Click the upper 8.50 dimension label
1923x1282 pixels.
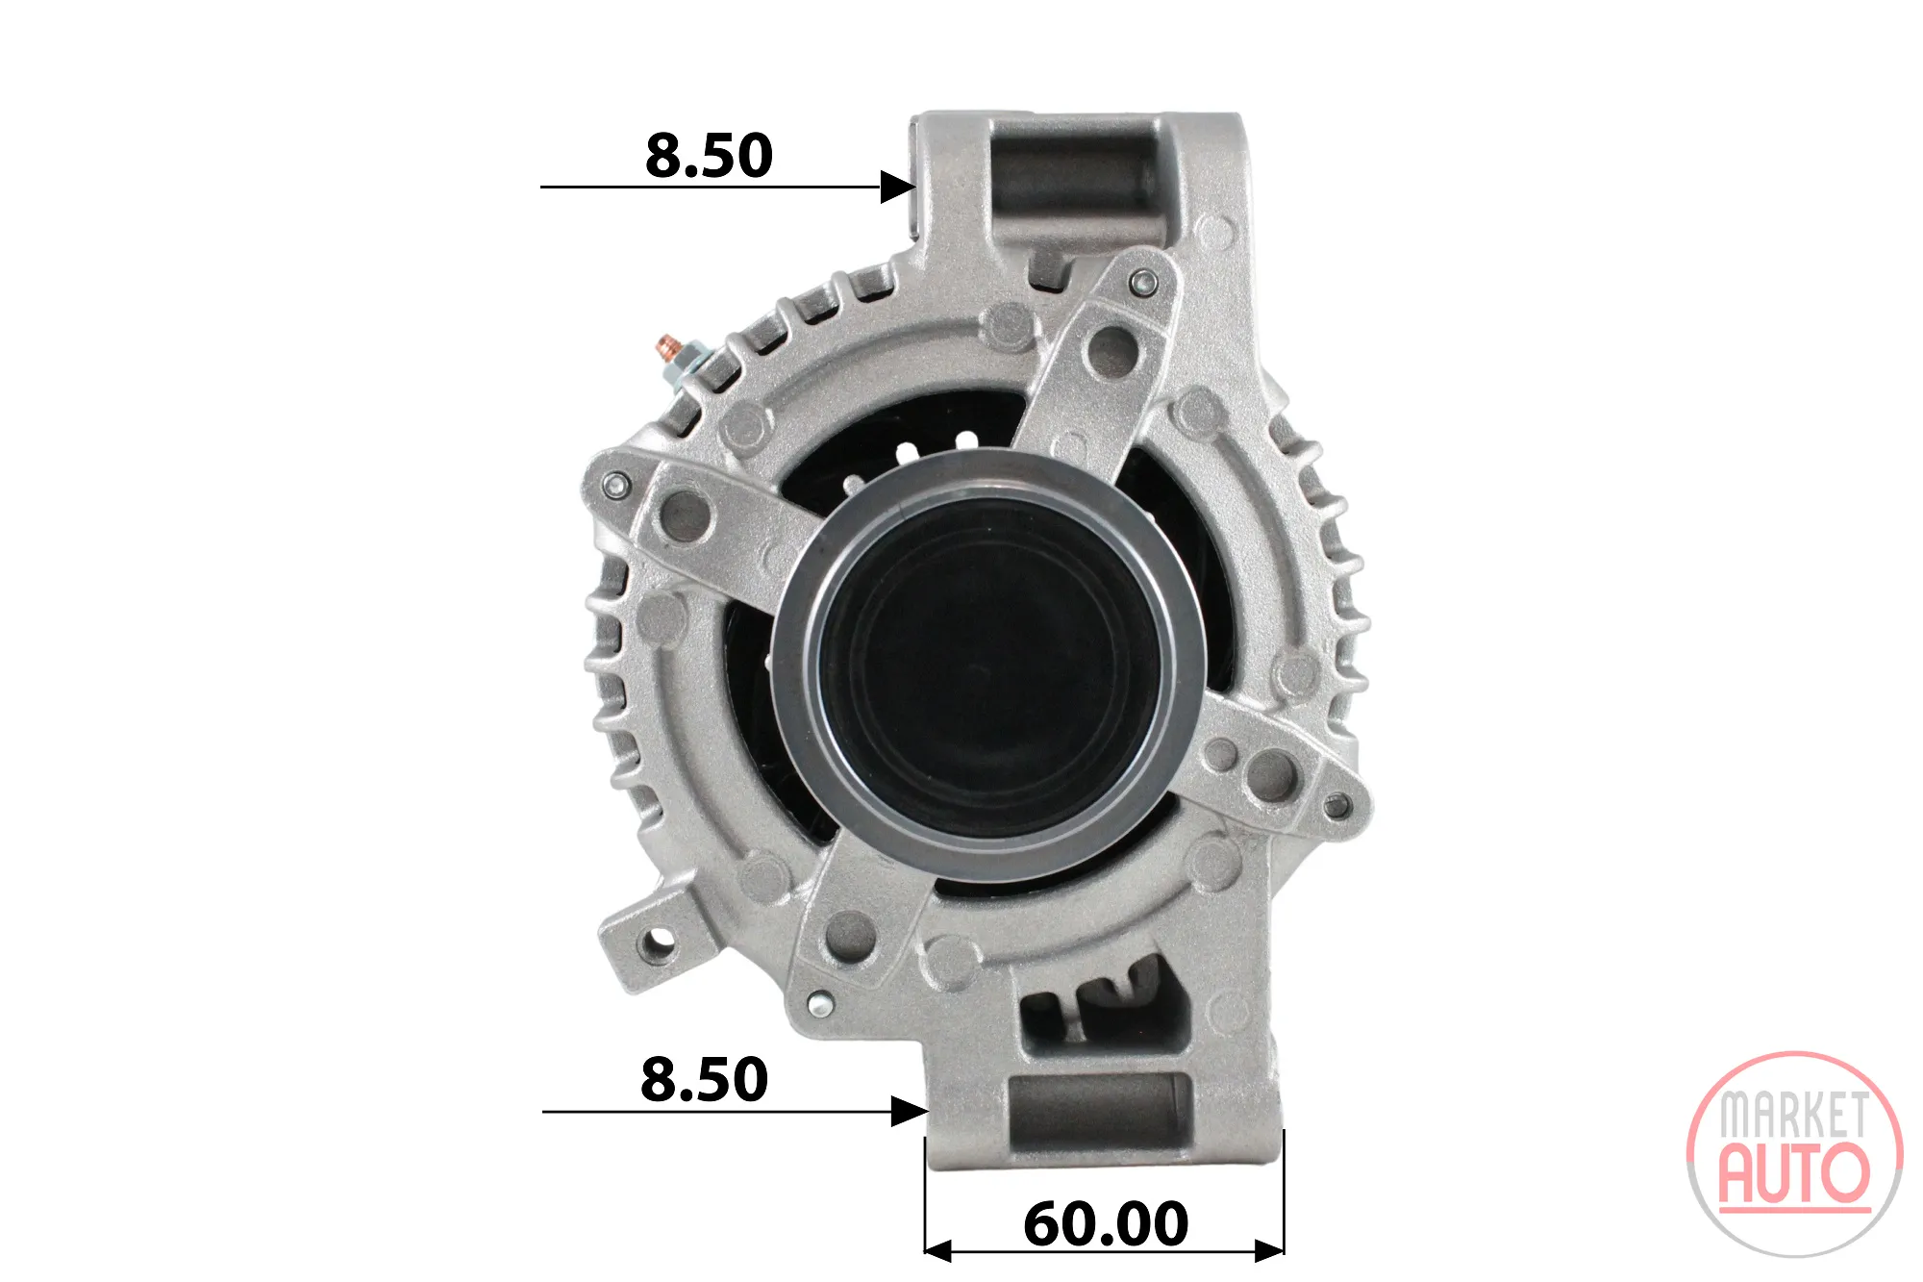709,156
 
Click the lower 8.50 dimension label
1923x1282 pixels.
705,1080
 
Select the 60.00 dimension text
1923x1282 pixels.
1106,1224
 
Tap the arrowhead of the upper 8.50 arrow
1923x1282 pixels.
898,187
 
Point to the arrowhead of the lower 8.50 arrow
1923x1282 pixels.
909,1112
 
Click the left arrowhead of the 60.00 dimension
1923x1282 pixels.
937,1251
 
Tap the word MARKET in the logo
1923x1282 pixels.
1794,1116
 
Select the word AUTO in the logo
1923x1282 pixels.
1794,1173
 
